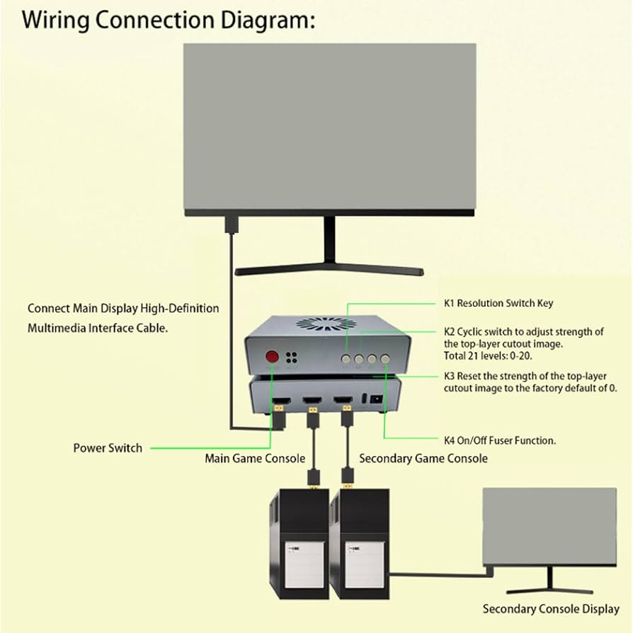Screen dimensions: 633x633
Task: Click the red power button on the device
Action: (x=271, y=358)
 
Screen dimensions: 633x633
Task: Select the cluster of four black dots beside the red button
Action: (x=290, y=358)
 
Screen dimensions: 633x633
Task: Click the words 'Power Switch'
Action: (x=108, y=447)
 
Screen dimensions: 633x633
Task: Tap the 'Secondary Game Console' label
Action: (x=423, y=458)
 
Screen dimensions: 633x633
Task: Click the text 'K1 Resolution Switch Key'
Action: (x=498, y=303)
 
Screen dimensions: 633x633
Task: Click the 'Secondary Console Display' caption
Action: (x=551, y=609)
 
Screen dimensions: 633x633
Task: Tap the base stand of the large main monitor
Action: (x=329, y=270)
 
